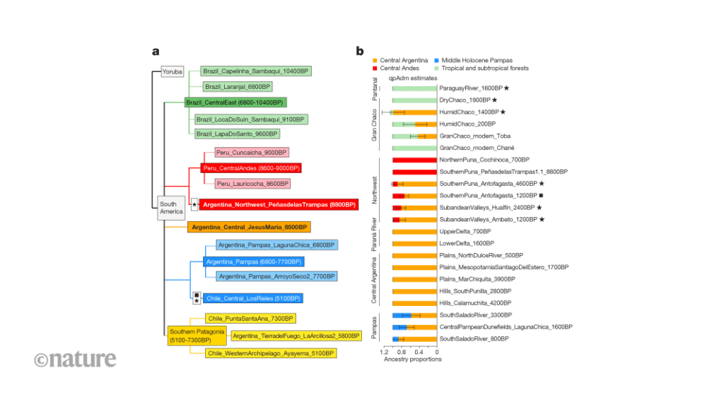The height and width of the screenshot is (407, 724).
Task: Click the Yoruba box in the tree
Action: pos(172,71)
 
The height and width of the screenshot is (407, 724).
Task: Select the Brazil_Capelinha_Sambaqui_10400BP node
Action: pos(255,71)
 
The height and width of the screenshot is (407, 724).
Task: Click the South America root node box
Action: pos(170,208)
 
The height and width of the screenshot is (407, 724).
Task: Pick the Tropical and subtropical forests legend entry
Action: pos(484,69)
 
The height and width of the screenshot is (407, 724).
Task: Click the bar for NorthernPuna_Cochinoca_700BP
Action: pos(414,160)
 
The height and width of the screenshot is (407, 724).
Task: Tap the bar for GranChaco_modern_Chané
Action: pos(414,148)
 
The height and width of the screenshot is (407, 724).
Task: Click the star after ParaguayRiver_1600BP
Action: pos(507,88)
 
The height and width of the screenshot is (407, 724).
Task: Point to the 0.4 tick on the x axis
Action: pos(419,351)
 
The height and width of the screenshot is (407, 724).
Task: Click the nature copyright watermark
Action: pos(75,359)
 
